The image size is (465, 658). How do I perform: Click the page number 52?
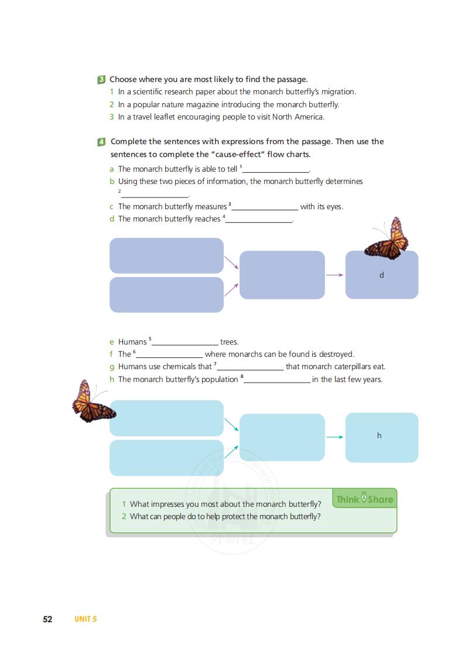pos(47,619)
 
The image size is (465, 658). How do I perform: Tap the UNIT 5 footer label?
pos(86,619)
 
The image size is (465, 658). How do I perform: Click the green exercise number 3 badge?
pos(102,79)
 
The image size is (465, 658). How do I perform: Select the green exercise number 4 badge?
pos(102,142)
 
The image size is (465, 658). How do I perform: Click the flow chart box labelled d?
pos(381,275)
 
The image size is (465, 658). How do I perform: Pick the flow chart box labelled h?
pos(381,437)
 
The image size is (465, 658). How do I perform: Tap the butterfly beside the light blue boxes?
pos(91,402)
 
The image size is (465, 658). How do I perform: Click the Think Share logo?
pos(364,499)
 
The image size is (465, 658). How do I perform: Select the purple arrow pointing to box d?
pos(334,275)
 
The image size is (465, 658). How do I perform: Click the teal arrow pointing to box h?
pos(334,437)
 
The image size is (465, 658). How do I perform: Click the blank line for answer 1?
pos(275,171)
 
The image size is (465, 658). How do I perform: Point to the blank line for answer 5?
pos(185,343)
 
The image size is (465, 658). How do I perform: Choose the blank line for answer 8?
pos(276,381)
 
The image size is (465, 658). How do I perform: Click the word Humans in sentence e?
pos(132,342)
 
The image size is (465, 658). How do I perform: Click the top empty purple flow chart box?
pos(166,255)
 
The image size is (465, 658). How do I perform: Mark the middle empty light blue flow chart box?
pos(282,437)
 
